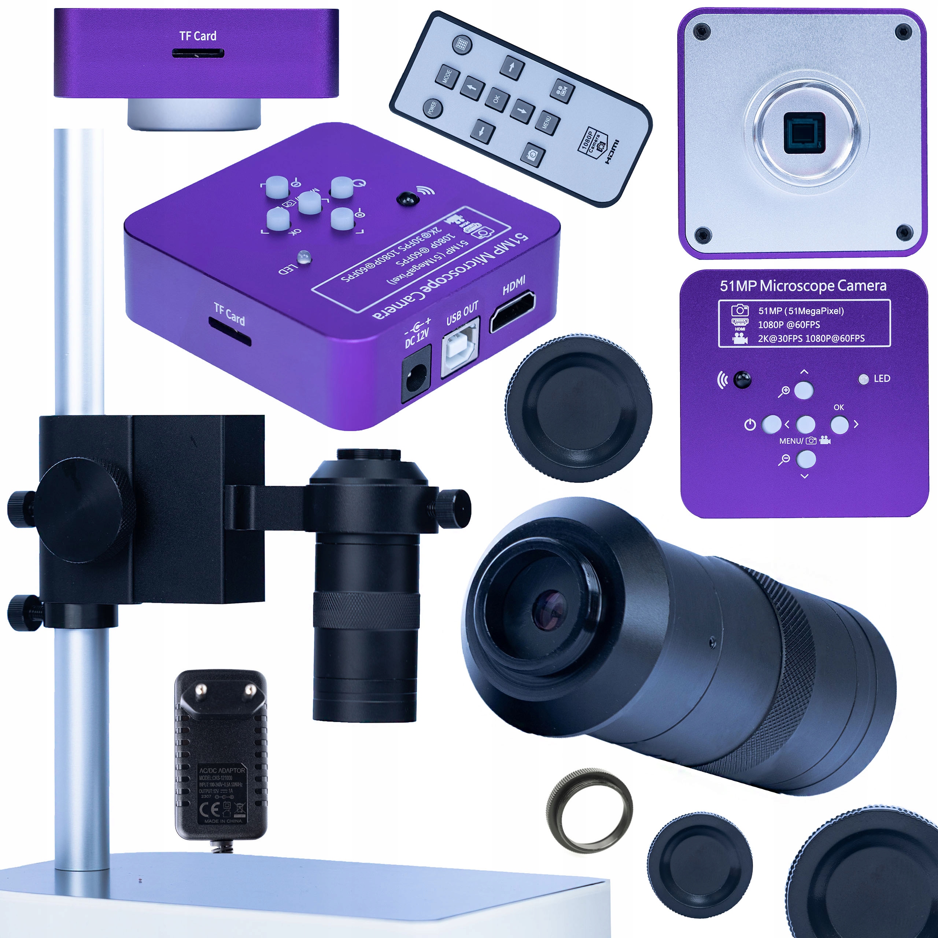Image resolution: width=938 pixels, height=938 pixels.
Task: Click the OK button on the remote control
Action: click(x=497, y=100)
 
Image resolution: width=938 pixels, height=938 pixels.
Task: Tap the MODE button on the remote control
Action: click(x=447, y=77)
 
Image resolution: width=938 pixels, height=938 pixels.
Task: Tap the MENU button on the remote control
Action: click(x=547, y=122)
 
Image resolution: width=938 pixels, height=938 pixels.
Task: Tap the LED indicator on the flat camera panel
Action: click(x=863, y=379)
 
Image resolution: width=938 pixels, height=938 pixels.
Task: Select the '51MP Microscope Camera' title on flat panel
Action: click(x=803, y=286)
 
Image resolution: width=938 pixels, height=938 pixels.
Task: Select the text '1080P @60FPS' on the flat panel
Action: click(x=789, y=324)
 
